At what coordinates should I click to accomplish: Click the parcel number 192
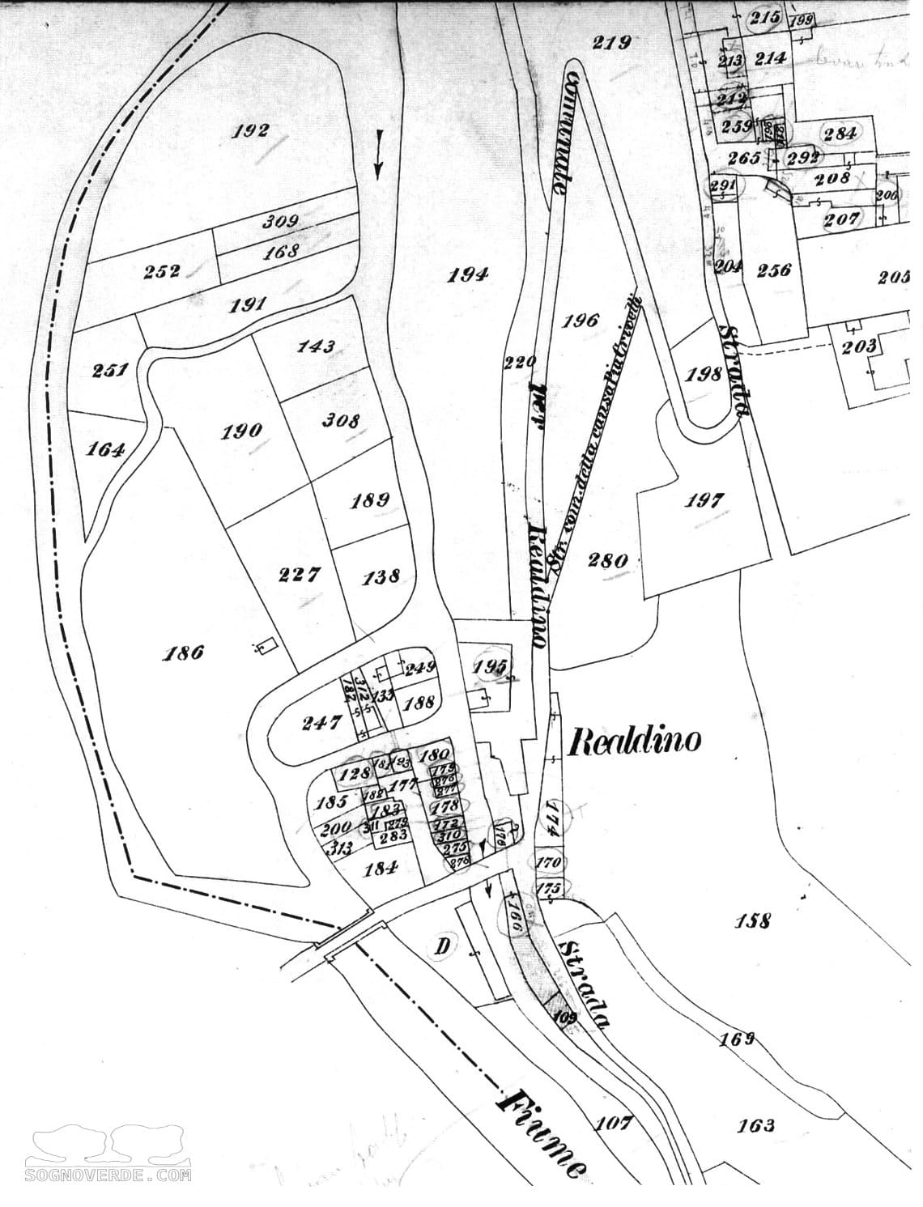(250, 130)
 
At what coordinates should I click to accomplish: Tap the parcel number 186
(183, 652)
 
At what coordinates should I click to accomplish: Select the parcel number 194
(469, 275)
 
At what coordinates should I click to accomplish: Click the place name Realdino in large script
(634, 740)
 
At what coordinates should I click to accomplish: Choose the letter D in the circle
(444, 945)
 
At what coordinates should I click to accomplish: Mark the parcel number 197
(704, 500)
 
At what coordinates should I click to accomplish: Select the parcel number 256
(774, 271)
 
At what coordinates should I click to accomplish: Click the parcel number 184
(381, 869)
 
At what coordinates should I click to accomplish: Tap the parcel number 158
(752, 920)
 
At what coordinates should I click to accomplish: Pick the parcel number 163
(756, 1124)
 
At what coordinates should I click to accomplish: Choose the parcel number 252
(162, 272)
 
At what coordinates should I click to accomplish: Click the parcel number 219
(611, 43)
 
